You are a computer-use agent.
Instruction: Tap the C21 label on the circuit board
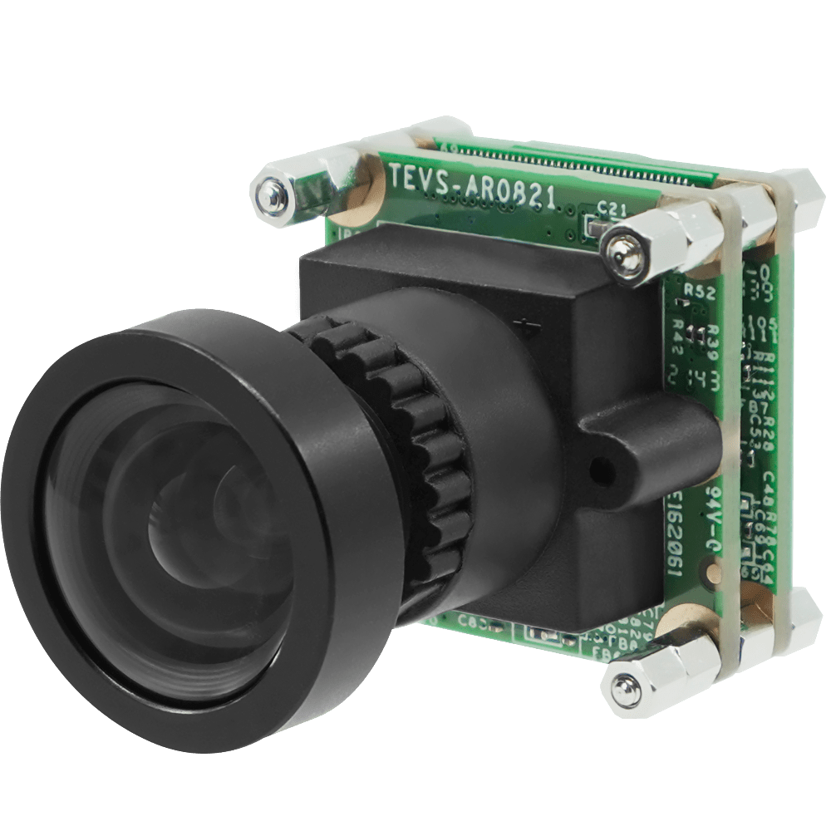pyautogui.click(x=610, y=211)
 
